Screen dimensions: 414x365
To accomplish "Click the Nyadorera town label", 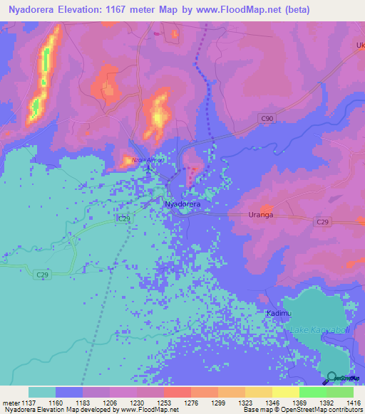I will [x=183, y=204].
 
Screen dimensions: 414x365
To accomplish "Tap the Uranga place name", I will [x=260, y=215].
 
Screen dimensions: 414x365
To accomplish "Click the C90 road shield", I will [x=266, y=118].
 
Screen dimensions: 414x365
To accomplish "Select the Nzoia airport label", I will [x=140, y=160].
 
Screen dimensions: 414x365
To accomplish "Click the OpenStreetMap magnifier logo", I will [x=331, y=377].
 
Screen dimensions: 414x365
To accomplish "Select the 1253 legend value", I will [x=163, y=402].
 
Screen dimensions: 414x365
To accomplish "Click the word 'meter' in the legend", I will [x=10, y=402].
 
